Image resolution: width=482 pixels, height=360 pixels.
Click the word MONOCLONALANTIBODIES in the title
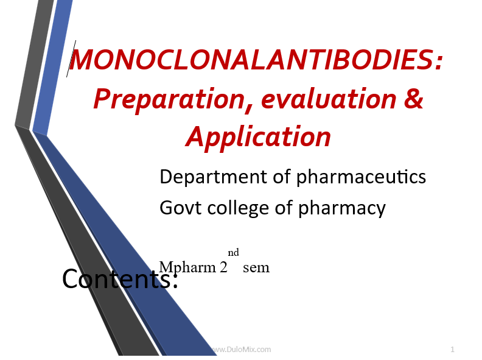[x=251, y=59]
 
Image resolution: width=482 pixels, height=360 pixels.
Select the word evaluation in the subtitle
[x=329, y=99]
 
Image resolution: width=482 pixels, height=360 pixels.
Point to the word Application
[x=259, y=138]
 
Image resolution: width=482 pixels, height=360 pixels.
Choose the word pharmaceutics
[x=361, y=177]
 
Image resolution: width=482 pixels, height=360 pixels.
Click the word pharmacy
[x=342, y=208]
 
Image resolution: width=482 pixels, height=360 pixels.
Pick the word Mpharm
[x=187, y=267]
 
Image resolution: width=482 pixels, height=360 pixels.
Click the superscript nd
[x=233, y=252]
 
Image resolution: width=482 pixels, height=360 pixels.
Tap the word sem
[x=256, y=268]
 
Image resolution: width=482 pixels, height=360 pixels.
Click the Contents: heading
[x=120, y=278]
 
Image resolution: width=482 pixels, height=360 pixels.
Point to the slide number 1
[x=452, y=349]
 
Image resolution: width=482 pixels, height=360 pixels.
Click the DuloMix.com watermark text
[x=242, y=350]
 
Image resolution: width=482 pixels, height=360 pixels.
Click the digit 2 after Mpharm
[x=223, y=267]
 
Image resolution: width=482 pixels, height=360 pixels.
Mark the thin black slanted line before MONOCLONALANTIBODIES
[x=71, y=58]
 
